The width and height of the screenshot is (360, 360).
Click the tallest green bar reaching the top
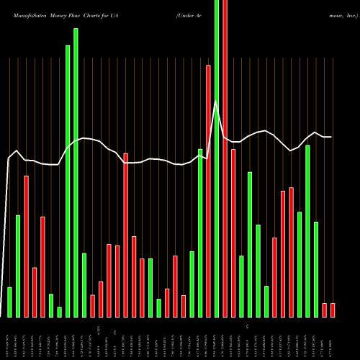point(217,158)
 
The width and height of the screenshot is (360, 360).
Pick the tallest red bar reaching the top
point(225,158)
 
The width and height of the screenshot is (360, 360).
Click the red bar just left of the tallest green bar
point(209,191)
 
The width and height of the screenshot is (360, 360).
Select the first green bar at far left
point(9,302)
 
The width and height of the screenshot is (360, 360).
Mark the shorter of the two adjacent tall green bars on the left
point(68,181)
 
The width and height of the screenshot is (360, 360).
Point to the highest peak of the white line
point(215,102)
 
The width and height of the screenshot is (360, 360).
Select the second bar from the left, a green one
point(18,266)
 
